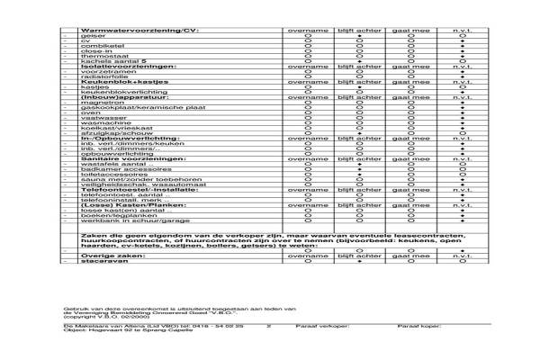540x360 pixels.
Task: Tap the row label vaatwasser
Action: pyautogui.click(x=100, y=118)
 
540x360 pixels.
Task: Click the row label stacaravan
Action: pyautogui.click(x=99, y=261)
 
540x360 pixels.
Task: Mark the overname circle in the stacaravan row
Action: pyautogui.click(x=308, y=261)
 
